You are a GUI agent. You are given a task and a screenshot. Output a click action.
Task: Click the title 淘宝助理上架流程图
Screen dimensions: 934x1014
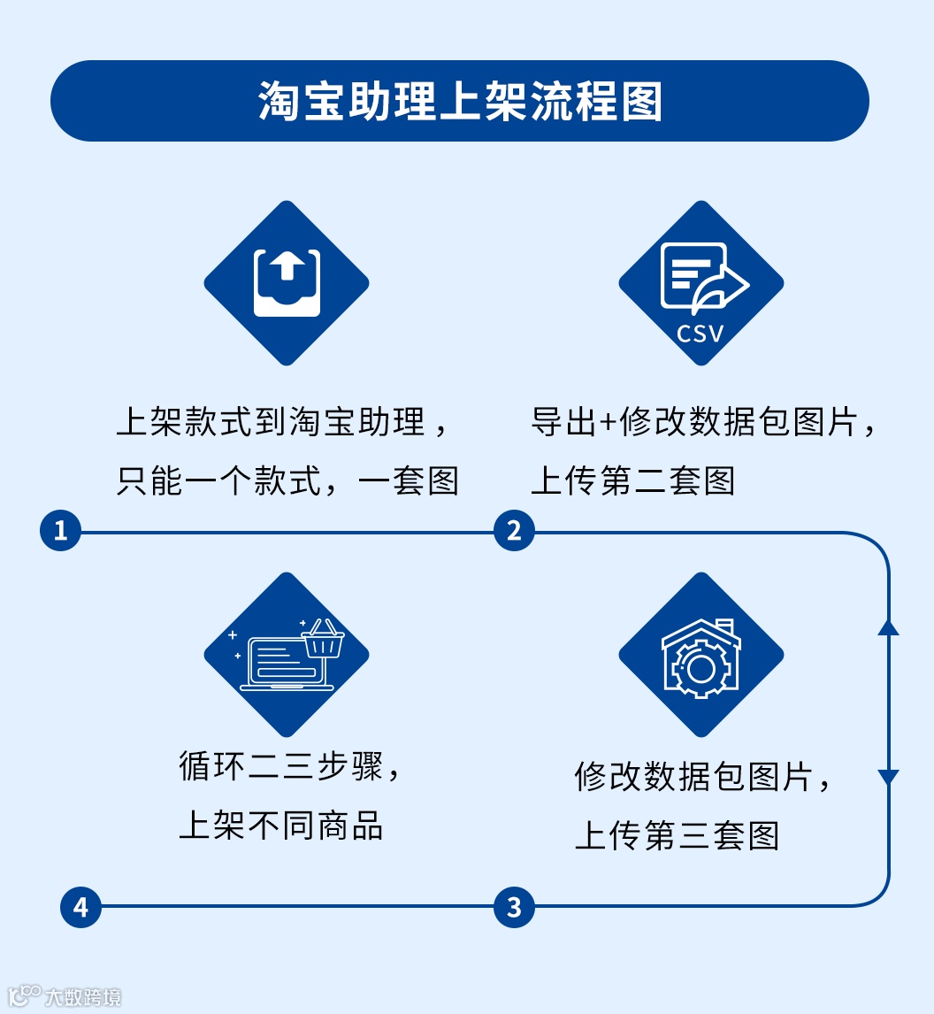click(460, 102)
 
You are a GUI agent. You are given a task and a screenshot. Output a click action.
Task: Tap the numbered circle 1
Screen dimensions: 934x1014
click(61, 531)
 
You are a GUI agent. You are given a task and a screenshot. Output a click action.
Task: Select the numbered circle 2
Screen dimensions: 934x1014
click(514, 531)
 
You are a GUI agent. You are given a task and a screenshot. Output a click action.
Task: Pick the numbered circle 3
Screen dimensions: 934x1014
click(514, 907)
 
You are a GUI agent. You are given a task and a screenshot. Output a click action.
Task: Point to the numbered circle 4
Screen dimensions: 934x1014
click(80, 907)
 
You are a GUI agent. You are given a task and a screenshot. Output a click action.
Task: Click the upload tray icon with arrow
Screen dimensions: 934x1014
click(287, 283)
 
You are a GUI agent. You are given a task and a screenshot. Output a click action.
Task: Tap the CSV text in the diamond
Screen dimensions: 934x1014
click(700, 334)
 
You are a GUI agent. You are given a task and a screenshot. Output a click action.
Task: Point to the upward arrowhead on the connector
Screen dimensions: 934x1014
click(888, 627)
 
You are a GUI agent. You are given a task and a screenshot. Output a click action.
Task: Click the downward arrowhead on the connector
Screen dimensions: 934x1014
click(888, 778)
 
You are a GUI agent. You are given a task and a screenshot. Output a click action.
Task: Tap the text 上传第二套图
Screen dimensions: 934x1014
click(632, 481)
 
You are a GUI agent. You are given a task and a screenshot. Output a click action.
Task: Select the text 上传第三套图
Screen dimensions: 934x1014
click(677, 835)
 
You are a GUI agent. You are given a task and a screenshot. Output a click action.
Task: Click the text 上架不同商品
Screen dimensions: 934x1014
click(280, 825)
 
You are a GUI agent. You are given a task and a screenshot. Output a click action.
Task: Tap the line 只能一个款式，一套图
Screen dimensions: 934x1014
click(287, 481)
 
